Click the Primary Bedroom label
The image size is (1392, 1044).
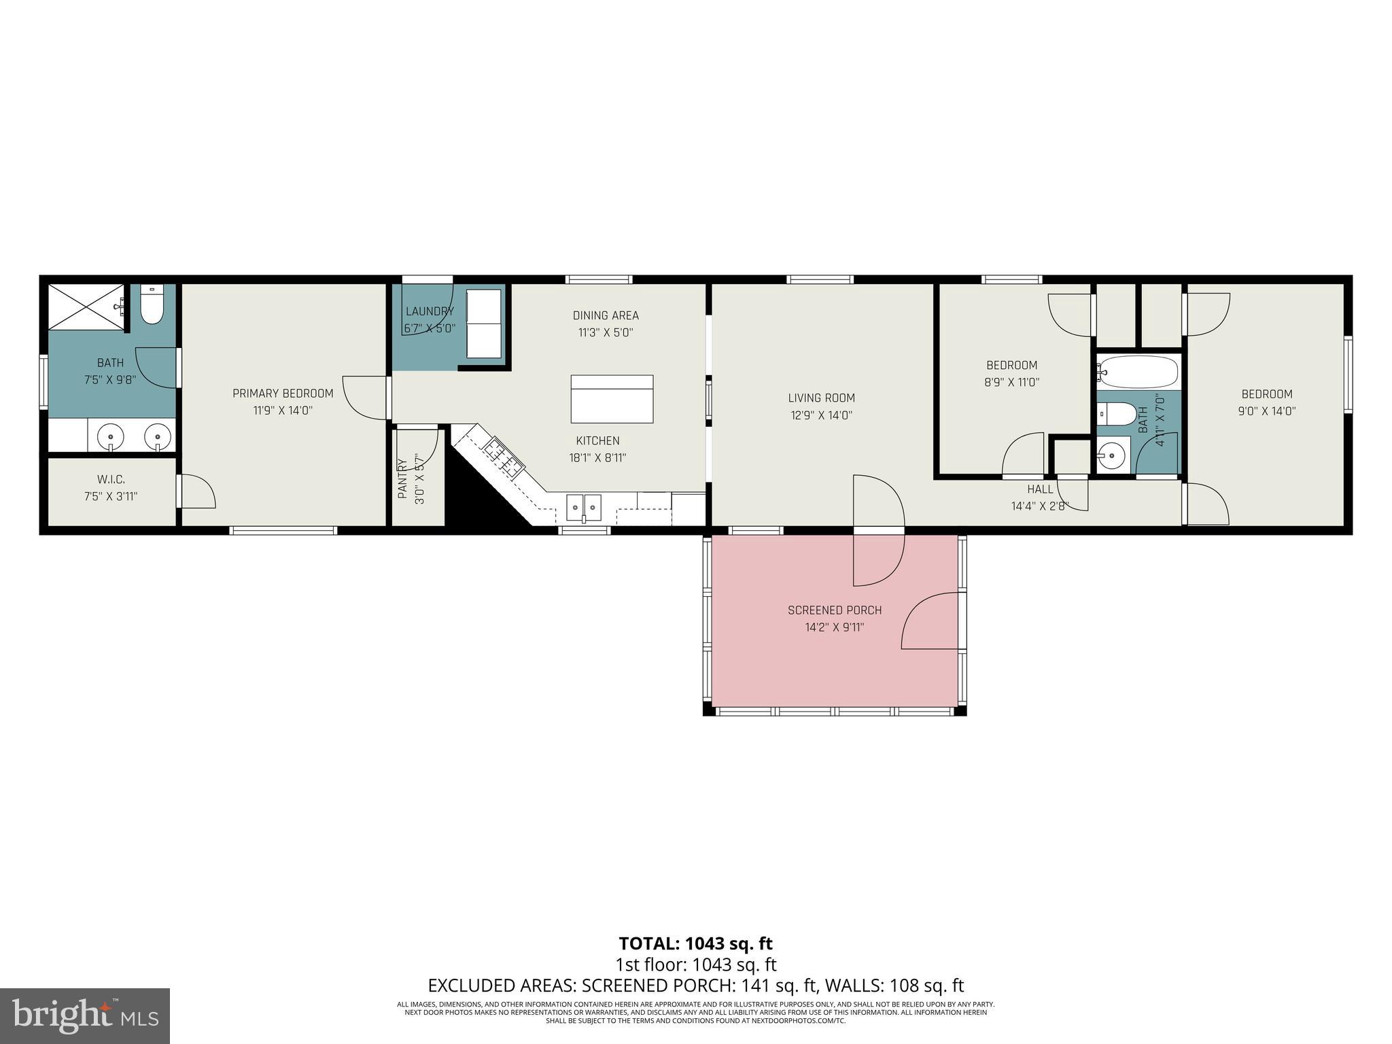[283, 394]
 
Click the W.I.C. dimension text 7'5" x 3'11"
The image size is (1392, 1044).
[111, 497]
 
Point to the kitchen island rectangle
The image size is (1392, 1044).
[612, 399]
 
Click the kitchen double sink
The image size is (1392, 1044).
[584, 507]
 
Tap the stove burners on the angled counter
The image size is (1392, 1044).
[504, 456]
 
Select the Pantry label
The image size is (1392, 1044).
[402, 478]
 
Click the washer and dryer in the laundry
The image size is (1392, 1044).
[484, 324]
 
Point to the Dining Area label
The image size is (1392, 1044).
[606, 315]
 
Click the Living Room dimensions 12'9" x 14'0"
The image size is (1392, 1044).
[821, 415]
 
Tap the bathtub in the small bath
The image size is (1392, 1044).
[1138, 372]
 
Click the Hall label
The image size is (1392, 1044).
[1040, 489]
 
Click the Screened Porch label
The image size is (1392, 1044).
[835, 610]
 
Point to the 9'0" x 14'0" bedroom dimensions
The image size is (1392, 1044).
[1267, 411]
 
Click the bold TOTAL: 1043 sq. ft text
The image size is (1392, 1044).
[695, 943]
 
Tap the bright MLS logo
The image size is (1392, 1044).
[85, 1015]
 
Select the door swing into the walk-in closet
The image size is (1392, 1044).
[197, 491]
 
